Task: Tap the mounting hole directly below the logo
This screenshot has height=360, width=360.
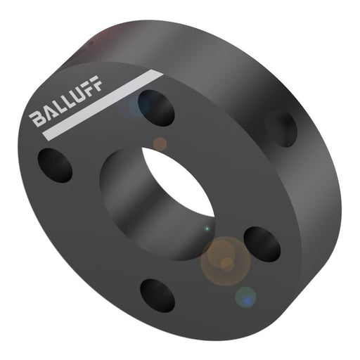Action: tap(56, 164)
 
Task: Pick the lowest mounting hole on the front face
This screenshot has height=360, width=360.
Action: tap(157, 295)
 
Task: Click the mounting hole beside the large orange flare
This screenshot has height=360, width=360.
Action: tap(262, 243)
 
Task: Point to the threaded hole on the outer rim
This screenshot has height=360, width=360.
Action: tap(282, 127)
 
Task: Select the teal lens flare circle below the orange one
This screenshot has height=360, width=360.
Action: tap(245, 297)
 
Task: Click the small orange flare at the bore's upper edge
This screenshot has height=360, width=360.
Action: tap(160, 144)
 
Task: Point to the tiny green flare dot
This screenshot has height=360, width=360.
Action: tap(207, 229)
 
